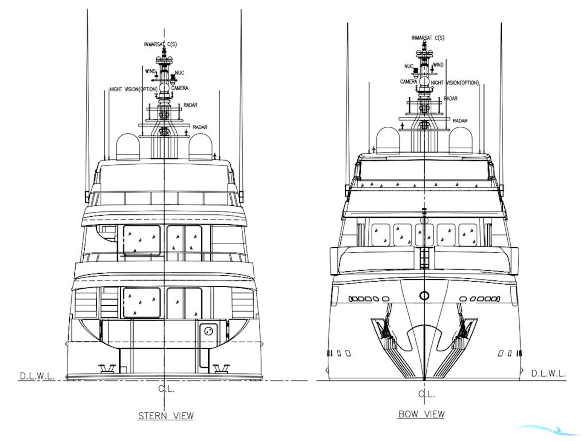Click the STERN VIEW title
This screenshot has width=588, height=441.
[x=166, y=416]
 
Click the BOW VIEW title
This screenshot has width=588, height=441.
[x=421, y=414]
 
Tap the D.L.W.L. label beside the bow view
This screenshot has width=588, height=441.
[x=548, y=374]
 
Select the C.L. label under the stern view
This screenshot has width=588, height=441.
[x=166, y=389]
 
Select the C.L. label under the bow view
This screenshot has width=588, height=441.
[x=427, y=394]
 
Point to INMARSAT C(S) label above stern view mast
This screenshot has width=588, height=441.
[x=160, y=44]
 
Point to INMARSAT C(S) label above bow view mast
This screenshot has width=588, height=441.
[x=428, y=38]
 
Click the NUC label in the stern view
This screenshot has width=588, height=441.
[x=179, y=72]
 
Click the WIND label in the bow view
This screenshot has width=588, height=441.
[x=438, y=65]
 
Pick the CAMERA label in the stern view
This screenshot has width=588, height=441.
[x=180, y=88]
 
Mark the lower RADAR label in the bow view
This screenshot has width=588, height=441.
[x=460, y=121]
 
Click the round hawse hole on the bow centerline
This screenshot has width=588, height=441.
[x=424, y=296]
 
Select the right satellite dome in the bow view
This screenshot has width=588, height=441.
[x=460, y=140]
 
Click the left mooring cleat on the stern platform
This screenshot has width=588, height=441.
[x=105, y=368]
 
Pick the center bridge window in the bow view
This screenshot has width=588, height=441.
[x=424, y=234]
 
